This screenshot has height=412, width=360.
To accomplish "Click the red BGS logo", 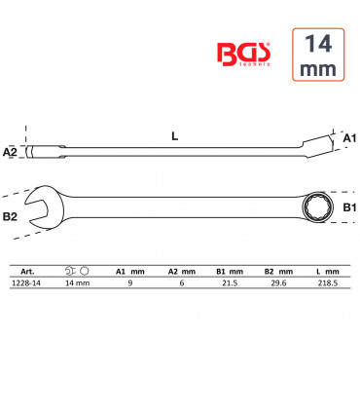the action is click(243, 55).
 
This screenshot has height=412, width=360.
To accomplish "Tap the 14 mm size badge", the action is click(318, 55).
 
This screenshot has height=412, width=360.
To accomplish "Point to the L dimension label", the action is click(175, 136).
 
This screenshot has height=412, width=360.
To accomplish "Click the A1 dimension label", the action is click(349, 138).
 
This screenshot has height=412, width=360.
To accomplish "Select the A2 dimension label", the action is click(10, 152).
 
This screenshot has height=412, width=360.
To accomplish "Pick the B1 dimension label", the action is click(350, 207).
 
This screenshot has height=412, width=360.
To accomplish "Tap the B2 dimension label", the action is click(10, 216).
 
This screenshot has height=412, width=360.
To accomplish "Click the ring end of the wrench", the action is click(314, 206).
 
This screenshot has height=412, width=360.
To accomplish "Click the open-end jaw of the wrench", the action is click(41, 207).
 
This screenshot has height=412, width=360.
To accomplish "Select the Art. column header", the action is click(27, 272).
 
